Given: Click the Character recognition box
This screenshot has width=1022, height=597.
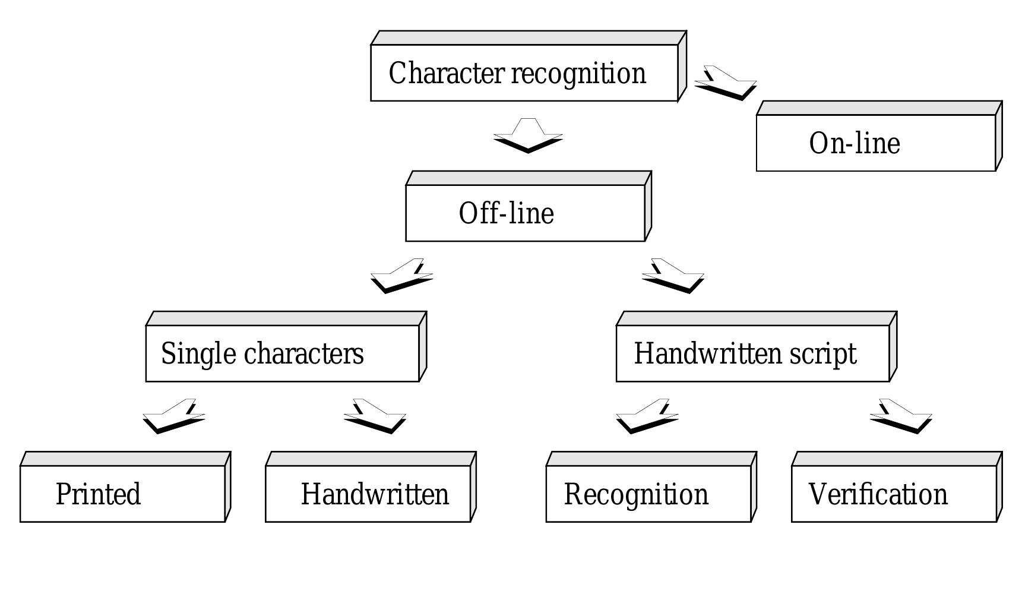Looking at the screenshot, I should pos(524,72).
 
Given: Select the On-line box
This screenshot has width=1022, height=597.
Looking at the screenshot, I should pos(875,143).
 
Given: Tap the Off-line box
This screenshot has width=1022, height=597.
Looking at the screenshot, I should pos(525,213).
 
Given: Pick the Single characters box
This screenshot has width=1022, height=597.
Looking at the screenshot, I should pos(282,353).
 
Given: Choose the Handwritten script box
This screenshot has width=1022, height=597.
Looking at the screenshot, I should pos(752,353).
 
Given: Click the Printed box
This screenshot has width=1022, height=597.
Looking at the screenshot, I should pos(122,493).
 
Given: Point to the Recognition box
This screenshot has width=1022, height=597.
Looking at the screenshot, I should pos(648,493).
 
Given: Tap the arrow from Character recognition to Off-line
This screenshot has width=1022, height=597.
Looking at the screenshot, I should pos(528,137).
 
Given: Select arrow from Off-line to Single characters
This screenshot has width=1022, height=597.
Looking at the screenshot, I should pos(401,276).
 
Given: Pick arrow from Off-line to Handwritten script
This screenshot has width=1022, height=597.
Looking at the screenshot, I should pos(673,276).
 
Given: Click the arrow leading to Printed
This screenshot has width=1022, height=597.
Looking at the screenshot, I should pos(173,416).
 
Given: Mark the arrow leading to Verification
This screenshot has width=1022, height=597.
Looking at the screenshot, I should pos(901,416).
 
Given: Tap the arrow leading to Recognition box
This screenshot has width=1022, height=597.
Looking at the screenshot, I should pos(647,416).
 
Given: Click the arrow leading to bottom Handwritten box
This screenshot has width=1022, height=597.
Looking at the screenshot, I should pos(375,416).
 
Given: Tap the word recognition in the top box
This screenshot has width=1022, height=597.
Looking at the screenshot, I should pos(578,74).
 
